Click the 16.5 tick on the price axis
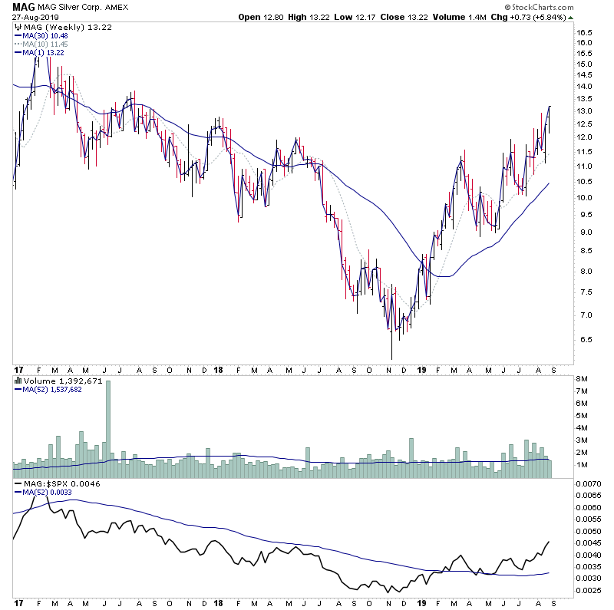pos(586,33)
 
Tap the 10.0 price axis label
pos(586,198)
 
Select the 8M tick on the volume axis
pos(583,379)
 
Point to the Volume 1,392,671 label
pos(52,381)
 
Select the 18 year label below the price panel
pos(218,369)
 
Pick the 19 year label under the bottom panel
pos(421,602)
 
